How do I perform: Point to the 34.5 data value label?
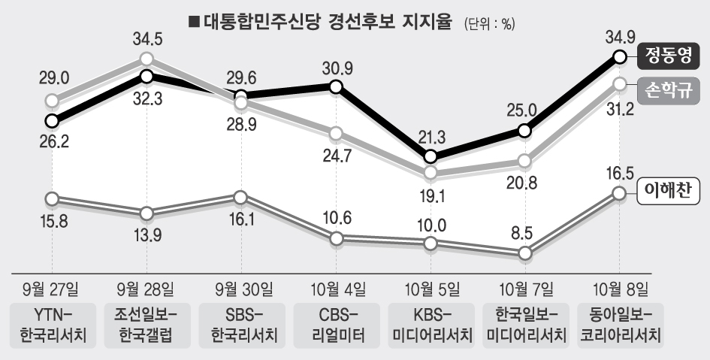coord(147,35)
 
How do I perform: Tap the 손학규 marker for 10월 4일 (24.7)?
coord(336,134)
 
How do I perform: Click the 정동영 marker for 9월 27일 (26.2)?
coord(52,120)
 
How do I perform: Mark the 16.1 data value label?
coord(240,223)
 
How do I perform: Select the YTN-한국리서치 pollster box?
coord(52,324)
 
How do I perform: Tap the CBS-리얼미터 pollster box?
coord(335,324)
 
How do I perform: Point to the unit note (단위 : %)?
coord(490,23)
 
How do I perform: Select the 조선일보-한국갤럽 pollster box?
coord(147,324)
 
